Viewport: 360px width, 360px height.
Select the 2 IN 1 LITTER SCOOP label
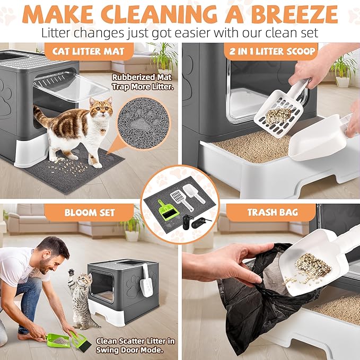pyautogui.click(x=271, y=52)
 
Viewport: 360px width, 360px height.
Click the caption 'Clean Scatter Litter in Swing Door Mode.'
pyautogui.click(x=136, y=345)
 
